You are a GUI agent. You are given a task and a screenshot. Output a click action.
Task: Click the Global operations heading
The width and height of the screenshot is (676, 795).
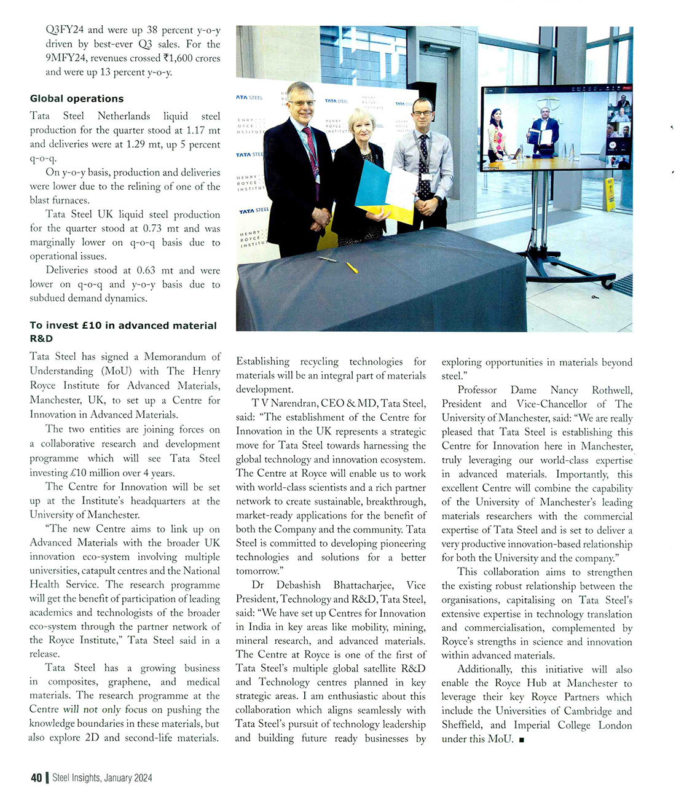coord(76,98)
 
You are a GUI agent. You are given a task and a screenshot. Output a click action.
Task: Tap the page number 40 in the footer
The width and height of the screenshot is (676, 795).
coord(36,778)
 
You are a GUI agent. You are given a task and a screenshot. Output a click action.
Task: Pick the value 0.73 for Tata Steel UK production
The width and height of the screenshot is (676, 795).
coord(152,229)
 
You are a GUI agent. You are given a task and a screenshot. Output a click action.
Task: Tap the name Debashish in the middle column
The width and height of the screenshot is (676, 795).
coord(298,585)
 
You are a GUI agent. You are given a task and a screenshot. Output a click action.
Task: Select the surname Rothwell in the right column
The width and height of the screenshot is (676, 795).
coord(611,390)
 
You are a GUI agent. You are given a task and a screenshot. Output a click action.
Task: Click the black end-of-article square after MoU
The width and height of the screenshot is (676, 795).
coord(521,740)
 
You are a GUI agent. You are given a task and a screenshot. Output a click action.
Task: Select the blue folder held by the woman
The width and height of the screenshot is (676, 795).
coord(372,184)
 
